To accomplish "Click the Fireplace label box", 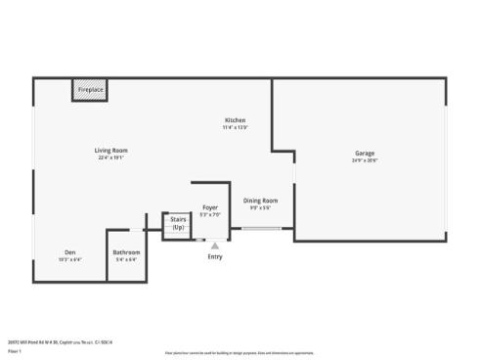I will [91, 90].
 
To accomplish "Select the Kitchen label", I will [235, 120].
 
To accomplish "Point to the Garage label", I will [365, 154].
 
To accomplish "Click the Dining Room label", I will [260, 201].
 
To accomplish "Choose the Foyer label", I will [210, 207].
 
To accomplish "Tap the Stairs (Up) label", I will [178, 224].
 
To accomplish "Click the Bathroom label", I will [126, 252].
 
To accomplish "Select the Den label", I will [70, 252].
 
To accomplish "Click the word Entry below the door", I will [215, 256].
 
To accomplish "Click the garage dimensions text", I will [365, 160].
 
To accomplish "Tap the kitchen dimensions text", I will [235, 127].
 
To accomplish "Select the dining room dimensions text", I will [260, 207].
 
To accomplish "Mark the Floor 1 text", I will [15, 349].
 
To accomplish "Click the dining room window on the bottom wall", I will [263, 229].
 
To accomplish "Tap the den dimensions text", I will [70, 259].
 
